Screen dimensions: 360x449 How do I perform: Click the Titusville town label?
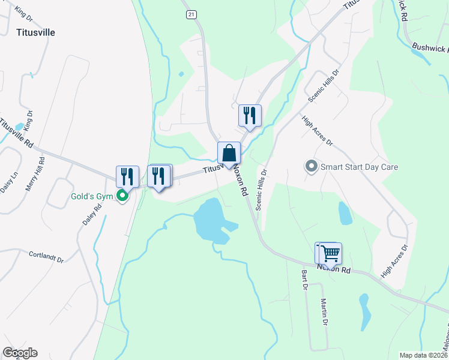click(36, 32)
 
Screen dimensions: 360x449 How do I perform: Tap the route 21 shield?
click(191, 14)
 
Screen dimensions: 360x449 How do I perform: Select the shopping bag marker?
click(229, 153)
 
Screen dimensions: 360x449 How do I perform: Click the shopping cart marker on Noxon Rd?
click(330, 253)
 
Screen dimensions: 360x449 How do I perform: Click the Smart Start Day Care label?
click(359, 167)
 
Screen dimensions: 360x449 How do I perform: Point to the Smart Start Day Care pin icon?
click(311, 166)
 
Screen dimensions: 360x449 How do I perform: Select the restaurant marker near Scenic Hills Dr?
click(250, 115)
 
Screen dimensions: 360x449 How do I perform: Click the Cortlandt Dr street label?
click(46, 257)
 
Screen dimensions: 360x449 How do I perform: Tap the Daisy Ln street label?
click(6, 179)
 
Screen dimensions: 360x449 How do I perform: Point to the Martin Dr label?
click(324, 312)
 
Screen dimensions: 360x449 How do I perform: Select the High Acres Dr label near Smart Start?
click(317, 131)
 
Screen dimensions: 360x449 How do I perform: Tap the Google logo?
click(20, 353)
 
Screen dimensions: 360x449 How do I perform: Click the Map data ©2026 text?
click(423, 355)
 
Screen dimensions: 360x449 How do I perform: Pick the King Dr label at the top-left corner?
click(23, 11)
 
